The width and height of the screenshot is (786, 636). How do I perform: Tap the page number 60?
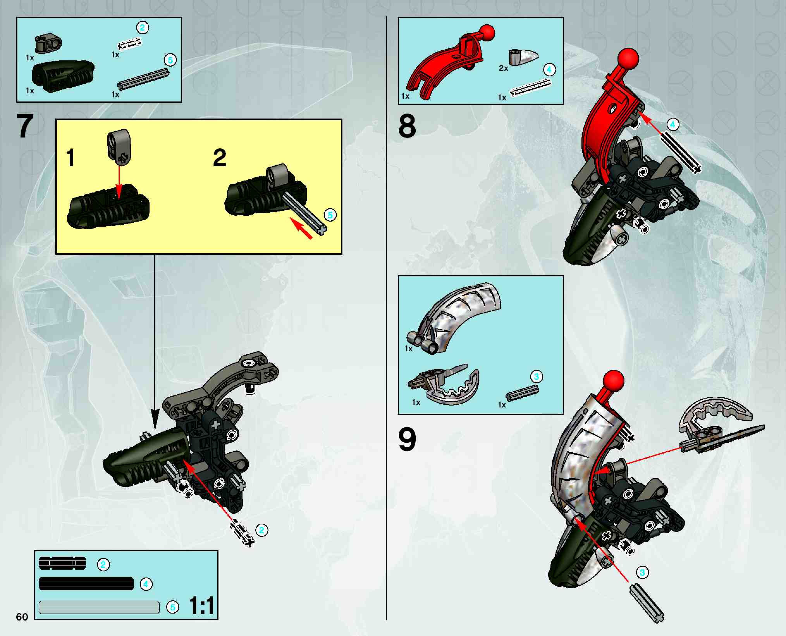(x=22, y=617)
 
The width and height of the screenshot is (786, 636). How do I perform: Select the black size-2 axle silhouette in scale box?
(x=62, y=563)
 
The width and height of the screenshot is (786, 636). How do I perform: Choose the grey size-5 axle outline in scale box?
(x=99, y=607)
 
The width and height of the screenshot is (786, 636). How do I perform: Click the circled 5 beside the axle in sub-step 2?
(x=330, y=215)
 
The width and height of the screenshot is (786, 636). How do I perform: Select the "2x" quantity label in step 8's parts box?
(x=503, y=68)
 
